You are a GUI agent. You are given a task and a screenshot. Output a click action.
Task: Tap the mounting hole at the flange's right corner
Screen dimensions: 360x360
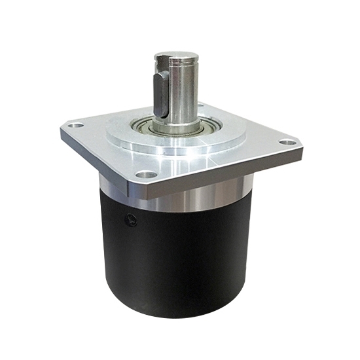coord(286,141)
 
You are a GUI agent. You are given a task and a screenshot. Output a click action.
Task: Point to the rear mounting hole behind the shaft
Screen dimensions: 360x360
coord(200,105)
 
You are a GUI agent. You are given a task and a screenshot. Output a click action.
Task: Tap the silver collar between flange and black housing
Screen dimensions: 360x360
coord(196,196)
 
